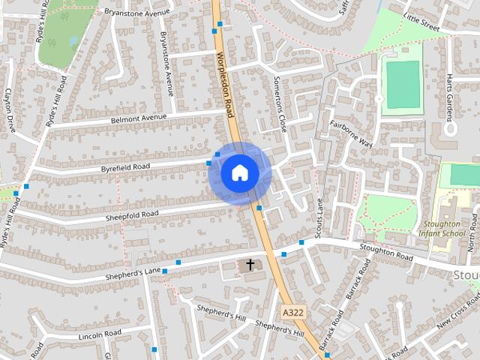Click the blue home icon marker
pos(240,172)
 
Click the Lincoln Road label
pos(100,334)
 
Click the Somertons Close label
pos(280,112)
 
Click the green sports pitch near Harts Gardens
pos(403,85)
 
